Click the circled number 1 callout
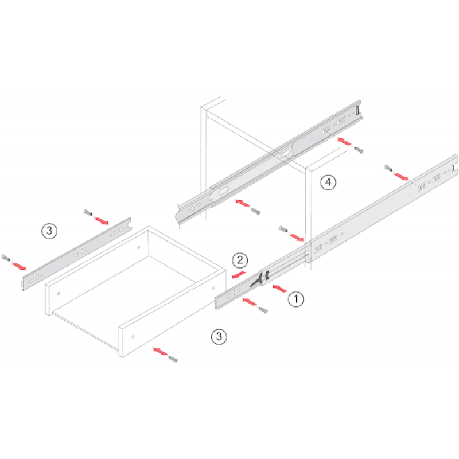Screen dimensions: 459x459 click(295, 299)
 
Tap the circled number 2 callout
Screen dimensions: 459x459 click(240, 260)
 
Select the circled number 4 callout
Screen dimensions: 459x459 click(328, 182)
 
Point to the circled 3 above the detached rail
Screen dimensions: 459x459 click(49, 231)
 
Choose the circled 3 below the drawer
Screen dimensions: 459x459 click(219, 337)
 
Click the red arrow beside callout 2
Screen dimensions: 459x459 click(238, 275)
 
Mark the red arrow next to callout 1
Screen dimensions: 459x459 click(279, 289)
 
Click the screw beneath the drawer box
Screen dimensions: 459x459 click(173, 359)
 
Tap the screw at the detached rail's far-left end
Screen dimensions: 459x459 click(6, 258)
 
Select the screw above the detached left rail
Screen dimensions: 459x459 click(88, 212)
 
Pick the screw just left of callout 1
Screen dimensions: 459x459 click(263, 310)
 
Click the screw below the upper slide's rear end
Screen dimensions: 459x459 click(359, 150)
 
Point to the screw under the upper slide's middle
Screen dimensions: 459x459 click(256, 211)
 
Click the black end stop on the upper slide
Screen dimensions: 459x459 click(357, 110)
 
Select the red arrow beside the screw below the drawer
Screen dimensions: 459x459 click(161, 351)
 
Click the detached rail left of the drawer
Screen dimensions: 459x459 click(76, 254)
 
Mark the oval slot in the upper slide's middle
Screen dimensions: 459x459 click(286, 154)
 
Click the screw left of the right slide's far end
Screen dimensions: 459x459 click(388, 168)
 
